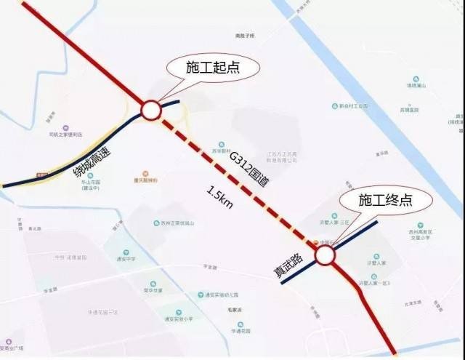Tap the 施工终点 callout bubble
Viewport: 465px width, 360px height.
pos(385,199)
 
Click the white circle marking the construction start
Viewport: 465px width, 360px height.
pos(150,110)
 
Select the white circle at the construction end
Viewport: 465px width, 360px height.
pos(324,255)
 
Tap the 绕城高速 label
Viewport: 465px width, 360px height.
pos(92,159)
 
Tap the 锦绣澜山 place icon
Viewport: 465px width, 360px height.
pos(416,78)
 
